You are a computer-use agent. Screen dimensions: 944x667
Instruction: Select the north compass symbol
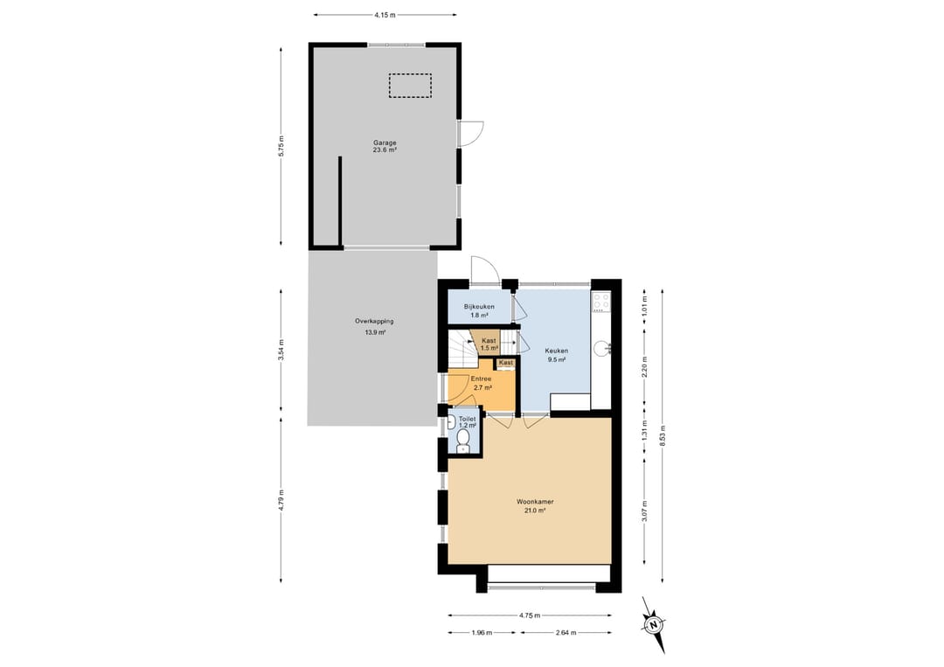coord(653,625)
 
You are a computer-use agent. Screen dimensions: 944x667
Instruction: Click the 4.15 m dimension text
coord(385,15)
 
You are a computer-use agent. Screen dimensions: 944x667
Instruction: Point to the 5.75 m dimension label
coord(281,146)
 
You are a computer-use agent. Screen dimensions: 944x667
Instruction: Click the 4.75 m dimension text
coord(530,615)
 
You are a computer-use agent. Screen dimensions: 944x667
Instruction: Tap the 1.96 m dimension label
coord(482,633)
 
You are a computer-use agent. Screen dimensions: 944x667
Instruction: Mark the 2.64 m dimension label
coord(566,633)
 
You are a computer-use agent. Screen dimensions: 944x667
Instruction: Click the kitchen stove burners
coord(601,301)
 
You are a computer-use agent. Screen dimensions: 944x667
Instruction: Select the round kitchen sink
coord(601,349)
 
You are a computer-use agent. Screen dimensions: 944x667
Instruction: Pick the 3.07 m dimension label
coord(645,511)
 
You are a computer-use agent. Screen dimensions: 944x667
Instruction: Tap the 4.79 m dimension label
coord(281,500)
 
